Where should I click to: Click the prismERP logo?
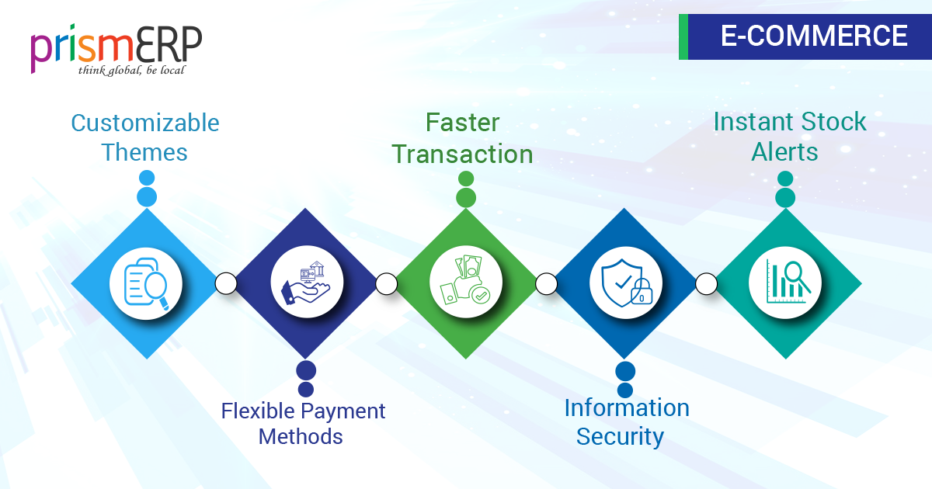116,50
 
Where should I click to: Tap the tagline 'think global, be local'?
131,71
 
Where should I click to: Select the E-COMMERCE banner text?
814,36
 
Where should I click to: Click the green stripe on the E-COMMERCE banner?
683,36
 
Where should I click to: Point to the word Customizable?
145,123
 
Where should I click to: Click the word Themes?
144,152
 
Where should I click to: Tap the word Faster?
462,123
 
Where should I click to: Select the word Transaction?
462,154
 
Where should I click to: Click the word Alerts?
784,152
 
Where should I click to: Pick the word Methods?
301,436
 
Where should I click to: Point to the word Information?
627,408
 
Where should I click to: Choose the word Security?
620,437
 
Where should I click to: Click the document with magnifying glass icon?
146,283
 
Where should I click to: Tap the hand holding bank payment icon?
307,283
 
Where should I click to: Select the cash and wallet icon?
465,280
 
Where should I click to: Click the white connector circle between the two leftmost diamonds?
226,283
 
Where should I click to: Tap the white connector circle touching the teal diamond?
706,283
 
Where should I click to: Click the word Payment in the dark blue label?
343,411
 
